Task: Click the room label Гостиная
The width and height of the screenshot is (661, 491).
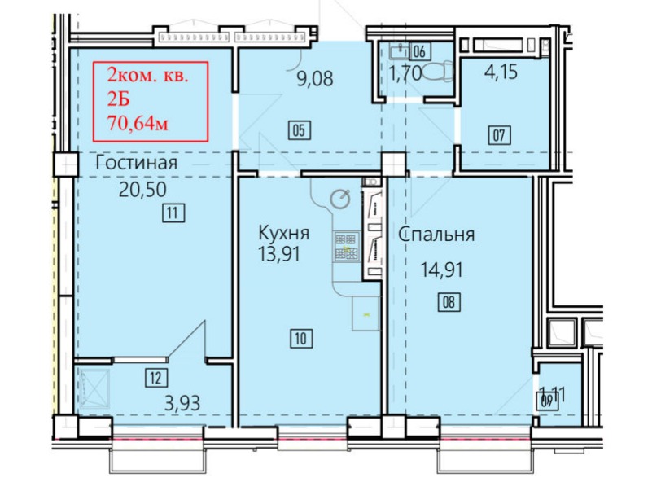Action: coord(137,164)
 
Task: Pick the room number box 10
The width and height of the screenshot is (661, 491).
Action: coord(300,338)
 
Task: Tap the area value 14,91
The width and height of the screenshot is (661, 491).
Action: coord(441,270)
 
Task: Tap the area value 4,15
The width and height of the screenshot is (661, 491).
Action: coord(501,72)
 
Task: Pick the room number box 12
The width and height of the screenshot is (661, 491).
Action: coord(154,377)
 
